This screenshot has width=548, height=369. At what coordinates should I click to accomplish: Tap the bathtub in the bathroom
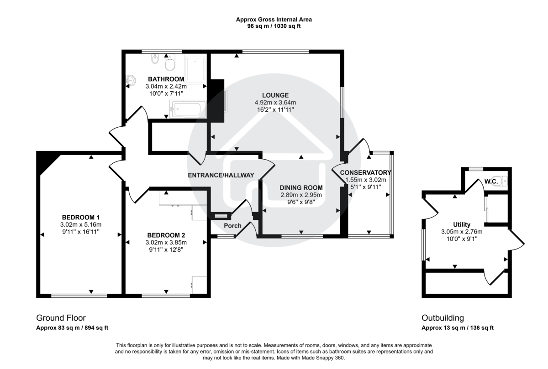pos(188,109)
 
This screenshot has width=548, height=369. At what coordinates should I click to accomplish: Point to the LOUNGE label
pos(275,95)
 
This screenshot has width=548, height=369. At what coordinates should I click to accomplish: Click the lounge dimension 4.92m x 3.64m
pos(275,102)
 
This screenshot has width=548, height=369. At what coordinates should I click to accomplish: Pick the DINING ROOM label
pos(301,187)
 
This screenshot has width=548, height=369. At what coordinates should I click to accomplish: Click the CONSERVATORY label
pos(365,172)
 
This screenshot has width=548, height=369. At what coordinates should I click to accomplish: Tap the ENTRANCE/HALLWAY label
pos(221,175)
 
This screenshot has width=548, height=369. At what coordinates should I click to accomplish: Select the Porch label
pos(232,226)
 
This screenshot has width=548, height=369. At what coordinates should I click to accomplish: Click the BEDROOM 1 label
pos(80,217)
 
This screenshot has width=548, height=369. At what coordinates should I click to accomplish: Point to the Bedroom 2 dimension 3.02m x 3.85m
pos(166,242)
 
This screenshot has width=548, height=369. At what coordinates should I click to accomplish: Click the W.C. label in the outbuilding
pos(491,182)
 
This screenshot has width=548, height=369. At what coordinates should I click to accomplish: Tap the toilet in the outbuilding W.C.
pos(503,182)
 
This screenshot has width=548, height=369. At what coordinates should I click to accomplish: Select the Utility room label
pos(461,224)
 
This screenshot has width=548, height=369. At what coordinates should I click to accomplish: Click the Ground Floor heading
pos(61,318)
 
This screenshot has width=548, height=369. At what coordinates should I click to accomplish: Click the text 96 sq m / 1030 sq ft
pos(274,26)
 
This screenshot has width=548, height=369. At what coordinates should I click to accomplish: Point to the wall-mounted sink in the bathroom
pos(130,80)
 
